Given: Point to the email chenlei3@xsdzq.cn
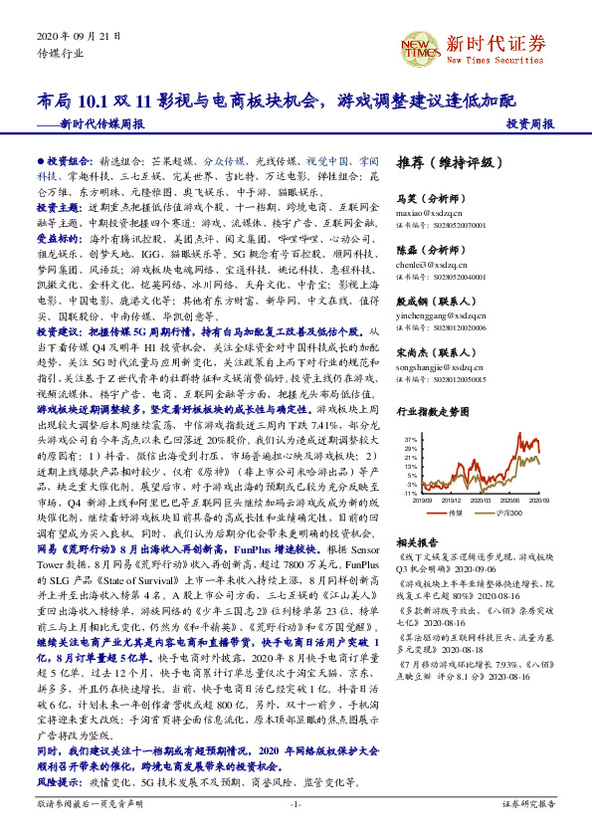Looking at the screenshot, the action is [439, 266].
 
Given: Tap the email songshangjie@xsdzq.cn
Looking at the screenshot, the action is [447, 366].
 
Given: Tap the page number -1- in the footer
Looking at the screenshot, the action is [296, 803].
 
